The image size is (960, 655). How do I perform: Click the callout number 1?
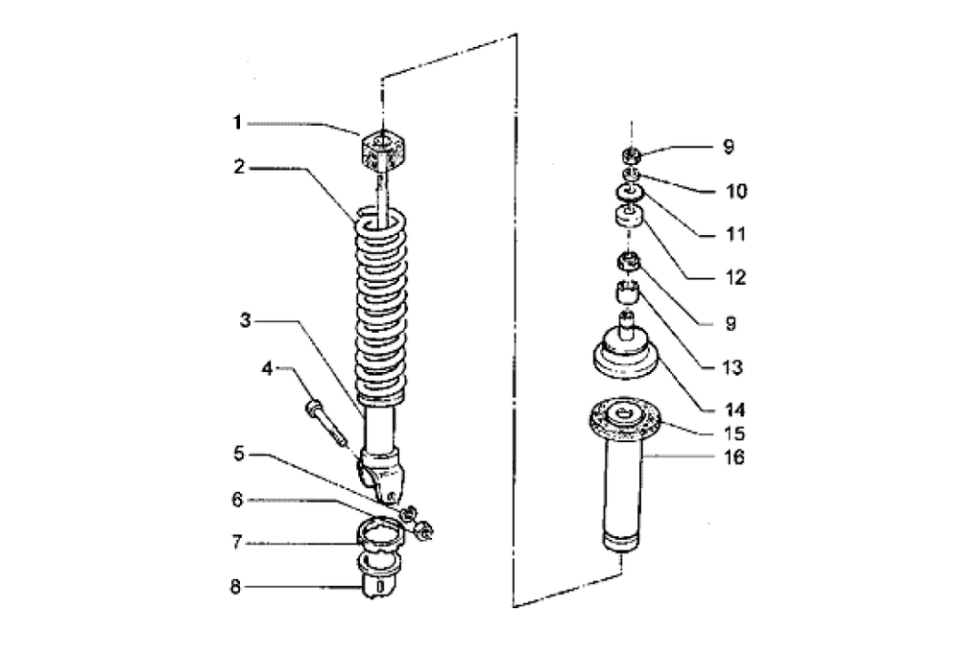(235, 122)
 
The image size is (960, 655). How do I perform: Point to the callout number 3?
(246, 320)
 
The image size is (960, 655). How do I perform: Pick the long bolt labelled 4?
(324, 422)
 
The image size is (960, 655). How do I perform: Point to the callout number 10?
(734, 191)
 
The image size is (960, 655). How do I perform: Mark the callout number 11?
(734, 234)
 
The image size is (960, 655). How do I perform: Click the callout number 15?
(734, 432)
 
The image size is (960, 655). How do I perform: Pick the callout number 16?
(734, 458)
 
